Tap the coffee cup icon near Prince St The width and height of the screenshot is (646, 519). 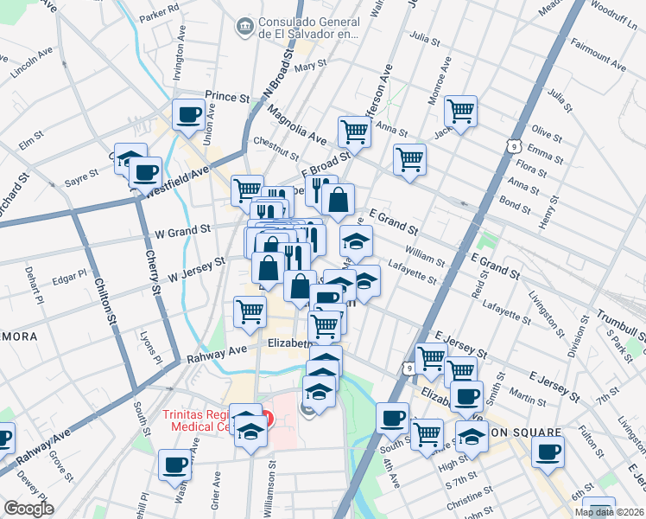pos(188,114)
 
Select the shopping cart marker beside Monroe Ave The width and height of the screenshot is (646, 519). pos(461,110)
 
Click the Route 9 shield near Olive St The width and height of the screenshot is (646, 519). pos(514,139)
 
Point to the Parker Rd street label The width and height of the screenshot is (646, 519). pos(158,16)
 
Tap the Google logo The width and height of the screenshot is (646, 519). pos(28,509)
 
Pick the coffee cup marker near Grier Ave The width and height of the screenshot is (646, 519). pos(174,465)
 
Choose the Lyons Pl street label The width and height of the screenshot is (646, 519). pos(152,343)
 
